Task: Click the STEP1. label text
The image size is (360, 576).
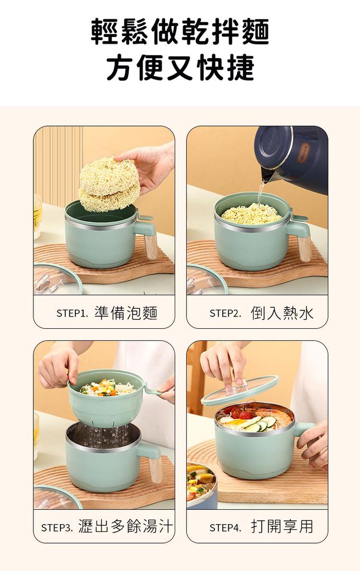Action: click(x=73, y=313)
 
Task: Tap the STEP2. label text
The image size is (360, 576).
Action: click(x=226, y=313)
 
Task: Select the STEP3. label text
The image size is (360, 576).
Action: click(x=57, y=528)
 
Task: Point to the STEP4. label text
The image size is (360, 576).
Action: click(x=226, y=528)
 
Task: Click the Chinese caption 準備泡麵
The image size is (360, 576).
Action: click(x=126, y=313)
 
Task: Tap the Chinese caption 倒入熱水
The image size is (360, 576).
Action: click(x=282, y=313)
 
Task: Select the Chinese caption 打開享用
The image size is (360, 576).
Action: click(x=282, y=526)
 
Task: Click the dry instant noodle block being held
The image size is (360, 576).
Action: click(x=109, y=184)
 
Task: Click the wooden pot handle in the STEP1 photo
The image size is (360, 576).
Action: click(x=150, y=247)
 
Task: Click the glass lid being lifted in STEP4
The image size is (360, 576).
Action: click(x=239, y=390)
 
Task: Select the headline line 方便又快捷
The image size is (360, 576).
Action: click(x=180, y=68)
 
